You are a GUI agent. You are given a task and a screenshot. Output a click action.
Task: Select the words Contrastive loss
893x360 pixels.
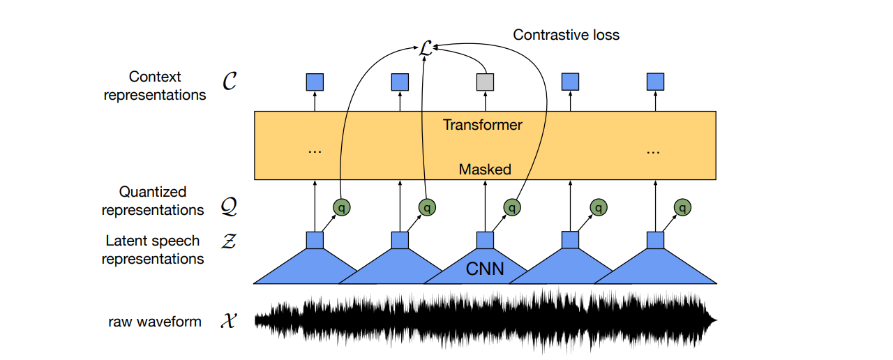[x=566, y=34]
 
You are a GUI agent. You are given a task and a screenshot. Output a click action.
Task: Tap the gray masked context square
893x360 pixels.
[x=485, y=82]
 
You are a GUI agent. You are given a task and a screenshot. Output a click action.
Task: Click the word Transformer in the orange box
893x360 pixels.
[x=483, y=126]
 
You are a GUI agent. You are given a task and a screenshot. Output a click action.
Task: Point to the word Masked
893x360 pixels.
[x=485, y=169]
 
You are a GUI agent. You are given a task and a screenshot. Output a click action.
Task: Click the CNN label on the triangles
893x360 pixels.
[x=485, y=269]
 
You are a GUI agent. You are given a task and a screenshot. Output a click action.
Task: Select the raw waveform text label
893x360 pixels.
[x=155, y=322]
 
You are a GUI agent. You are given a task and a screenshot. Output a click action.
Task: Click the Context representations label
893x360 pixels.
[x=155, y=86]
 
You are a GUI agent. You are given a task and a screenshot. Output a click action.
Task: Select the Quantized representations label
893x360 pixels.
[x=153, y=201]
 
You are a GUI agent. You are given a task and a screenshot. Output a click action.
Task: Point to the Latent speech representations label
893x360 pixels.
[x=153, y=250]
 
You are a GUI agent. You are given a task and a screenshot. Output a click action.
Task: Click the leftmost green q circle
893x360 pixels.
[x=341, y=207]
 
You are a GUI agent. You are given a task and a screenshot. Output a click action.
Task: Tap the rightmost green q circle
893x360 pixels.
[x=684, y=207]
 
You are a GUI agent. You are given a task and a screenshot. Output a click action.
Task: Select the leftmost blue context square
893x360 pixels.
[x=315, y=82]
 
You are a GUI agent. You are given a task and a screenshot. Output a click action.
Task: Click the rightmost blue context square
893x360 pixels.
[x=655, y=82]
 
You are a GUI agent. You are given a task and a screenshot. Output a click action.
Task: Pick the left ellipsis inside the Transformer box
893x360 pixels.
[x=315, y=151]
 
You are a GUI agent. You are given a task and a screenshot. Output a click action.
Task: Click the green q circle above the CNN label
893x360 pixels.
[x=512, y=207]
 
